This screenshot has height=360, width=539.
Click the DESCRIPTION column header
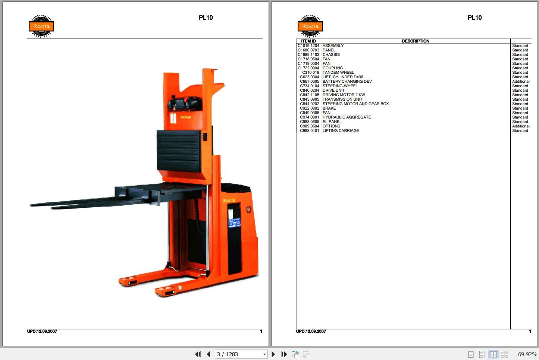tap(416, 41)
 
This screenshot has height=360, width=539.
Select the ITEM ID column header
tap(308, 41)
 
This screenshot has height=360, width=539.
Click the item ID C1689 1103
tap(308, 55)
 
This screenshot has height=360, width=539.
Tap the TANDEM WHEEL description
tap(338, 73)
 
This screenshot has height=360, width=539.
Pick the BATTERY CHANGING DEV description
tap(347, 82)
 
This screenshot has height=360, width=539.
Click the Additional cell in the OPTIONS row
tap(521, 126)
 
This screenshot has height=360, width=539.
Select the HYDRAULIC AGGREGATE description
tap(347, 117)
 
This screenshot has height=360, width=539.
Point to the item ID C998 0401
tap(310, 131)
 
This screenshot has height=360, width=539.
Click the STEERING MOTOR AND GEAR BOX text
tap(355, 104)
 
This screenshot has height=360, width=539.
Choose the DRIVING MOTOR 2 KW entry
tap(344, 95)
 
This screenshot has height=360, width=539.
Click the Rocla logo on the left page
tap(41, 26)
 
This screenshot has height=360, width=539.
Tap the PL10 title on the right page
tap(474, 18)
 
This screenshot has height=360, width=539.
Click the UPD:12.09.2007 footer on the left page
tap(42, 331)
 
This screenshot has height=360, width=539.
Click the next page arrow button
tap(273, 354)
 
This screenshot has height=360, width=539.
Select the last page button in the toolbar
tap(284, 354)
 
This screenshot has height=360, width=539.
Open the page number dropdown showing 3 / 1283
tap(264, 354)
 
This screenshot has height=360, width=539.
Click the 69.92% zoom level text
tap(527, 354)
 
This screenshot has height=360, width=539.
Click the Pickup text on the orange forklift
tap(185, 117)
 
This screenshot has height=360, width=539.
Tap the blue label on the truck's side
tap(235, 222)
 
